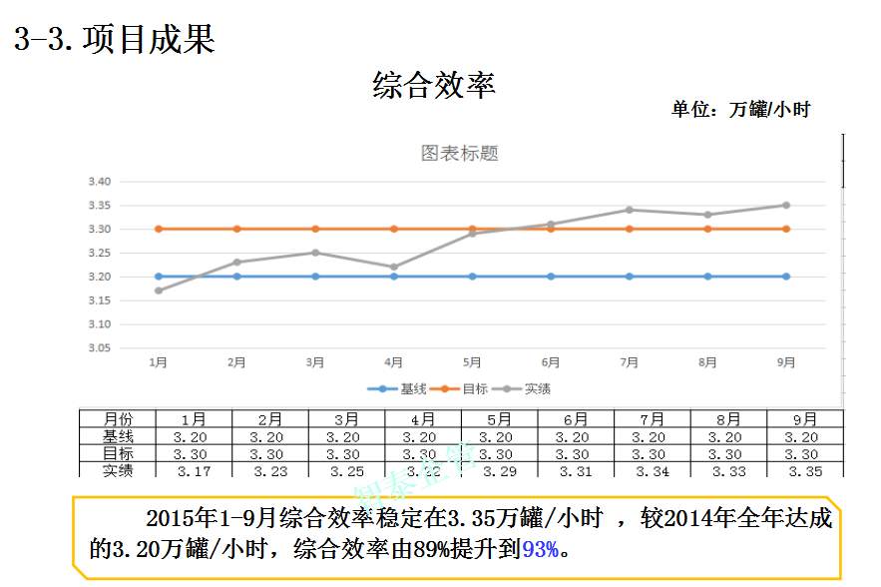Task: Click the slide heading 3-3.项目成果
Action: click(115, 40)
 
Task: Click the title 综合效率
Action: click(434, 85)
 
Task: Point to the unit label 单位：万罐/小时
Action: click(739, 110)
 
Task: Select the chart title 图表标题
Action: click(459, 154)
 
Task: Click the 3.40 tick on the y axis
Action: click(100, 182)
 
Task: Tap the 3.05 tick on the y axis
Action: click(100, 348)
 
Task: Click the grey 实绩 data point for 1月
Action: click(158, 291)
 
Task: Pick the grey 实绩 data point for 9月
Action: click(786, 205)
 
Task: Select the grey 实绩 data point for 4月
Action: click(394, 267)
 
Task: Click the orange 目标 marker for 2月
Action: click(236, 229)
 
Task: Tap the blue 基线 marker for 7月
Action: click(629, 277)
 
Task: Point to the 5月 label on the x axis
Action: click(472, 363)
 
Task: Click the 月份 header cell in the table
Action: click(118, 419)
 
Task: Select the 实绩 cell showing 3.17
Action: click(194, 471)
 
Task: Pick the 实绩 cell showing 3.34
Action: click(653, 471)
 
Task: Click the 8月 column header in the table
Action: click(728, 419)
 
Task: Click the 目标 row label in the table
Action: click(118, 454)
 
